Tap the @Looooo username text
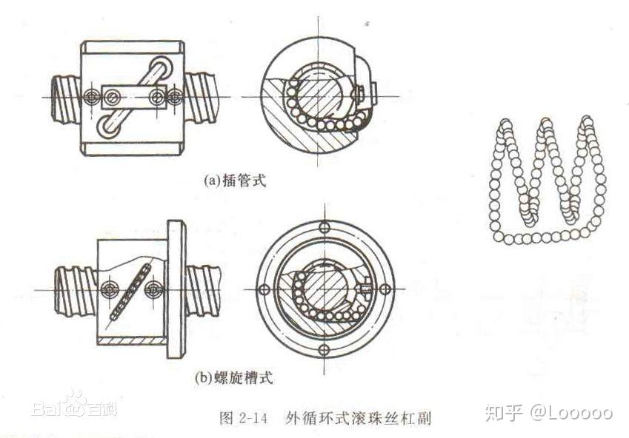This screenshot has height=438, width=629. pyautogui.click(x=570, y=413)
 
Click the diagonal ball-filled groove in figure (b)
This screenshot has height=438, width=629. pyautogui.click(x=128, y=292)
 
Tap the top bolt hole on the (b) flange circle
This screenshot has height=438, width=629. pyautogui.click(x=324, y=227)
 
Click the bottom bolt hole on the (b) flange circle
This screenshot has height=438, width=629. pyautogui.click(x=324, y=348)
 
